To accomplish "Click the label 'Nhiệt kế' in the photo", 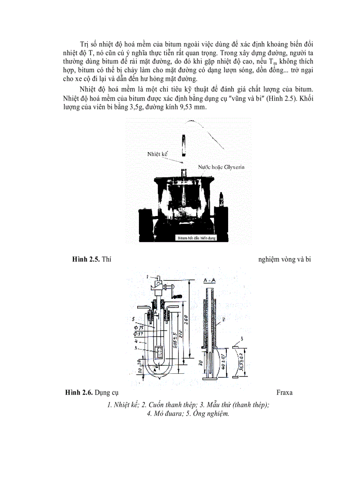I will click(157, 154).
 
